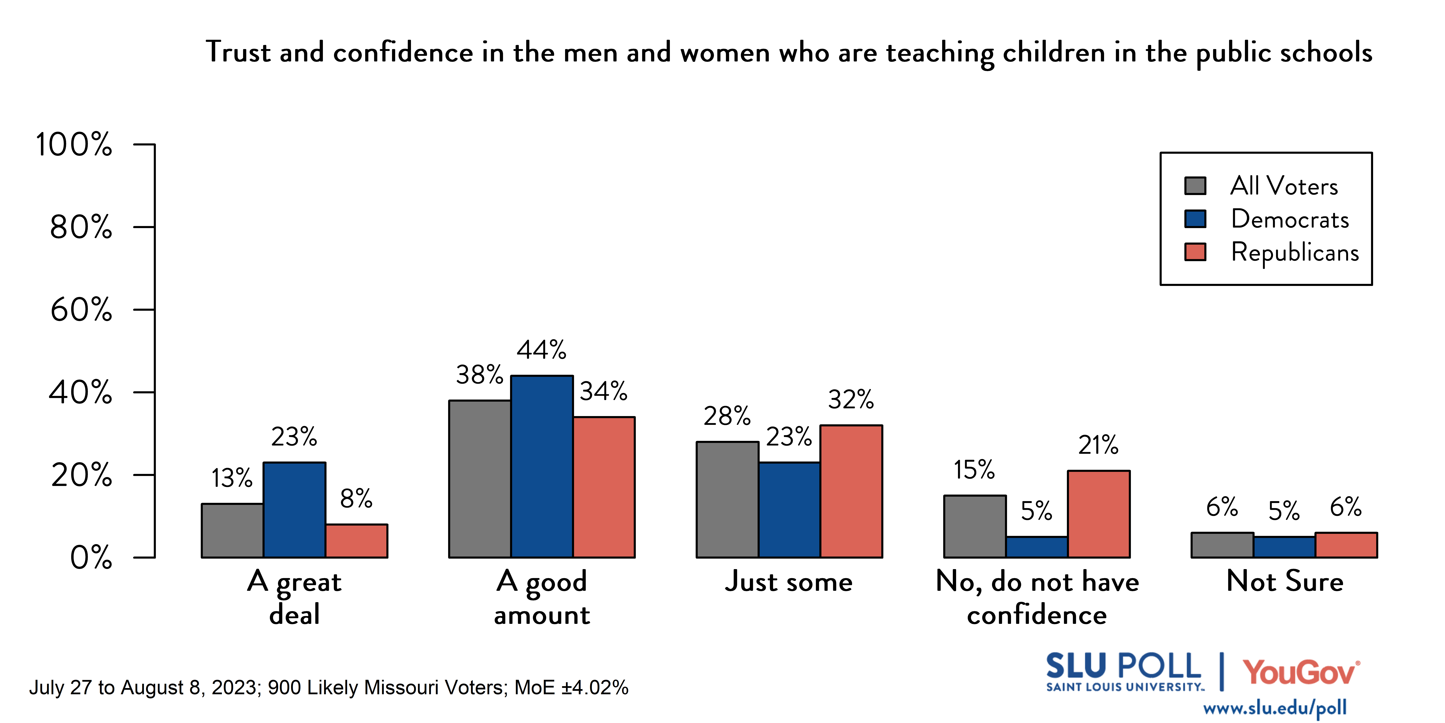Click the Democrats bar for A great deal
(x=295, y=510)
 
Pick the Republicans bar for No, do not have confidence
(x=1098, y=514)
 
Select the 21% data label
(x=1098, y=445)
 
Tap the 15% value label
(x=974, y=470)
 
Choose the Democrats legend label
(x=1290, y=219)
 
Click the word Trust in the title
(x=238, y=52)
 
